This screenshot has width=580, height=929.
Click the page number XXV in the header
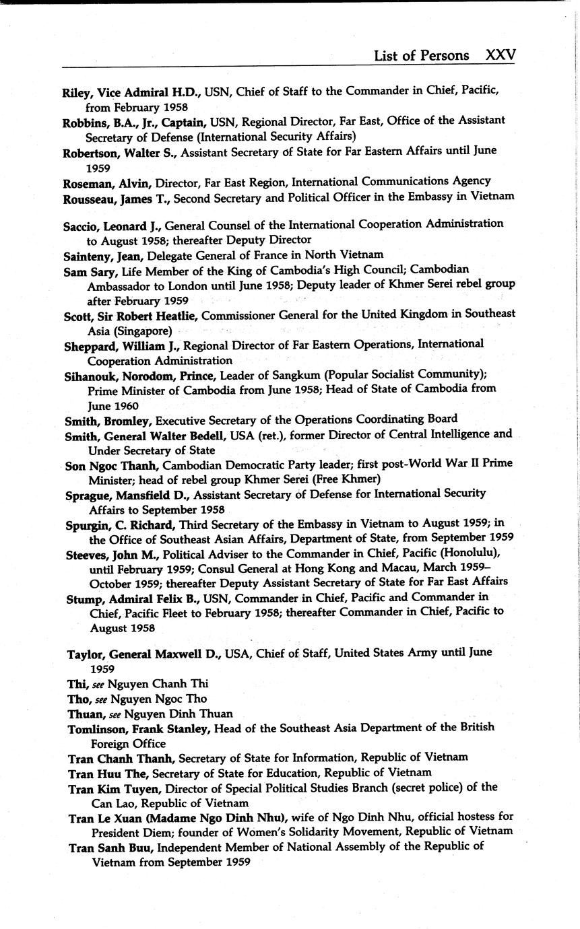pos(500,55)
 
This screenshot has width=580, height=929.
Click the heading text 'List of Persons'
pos(422,55)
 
